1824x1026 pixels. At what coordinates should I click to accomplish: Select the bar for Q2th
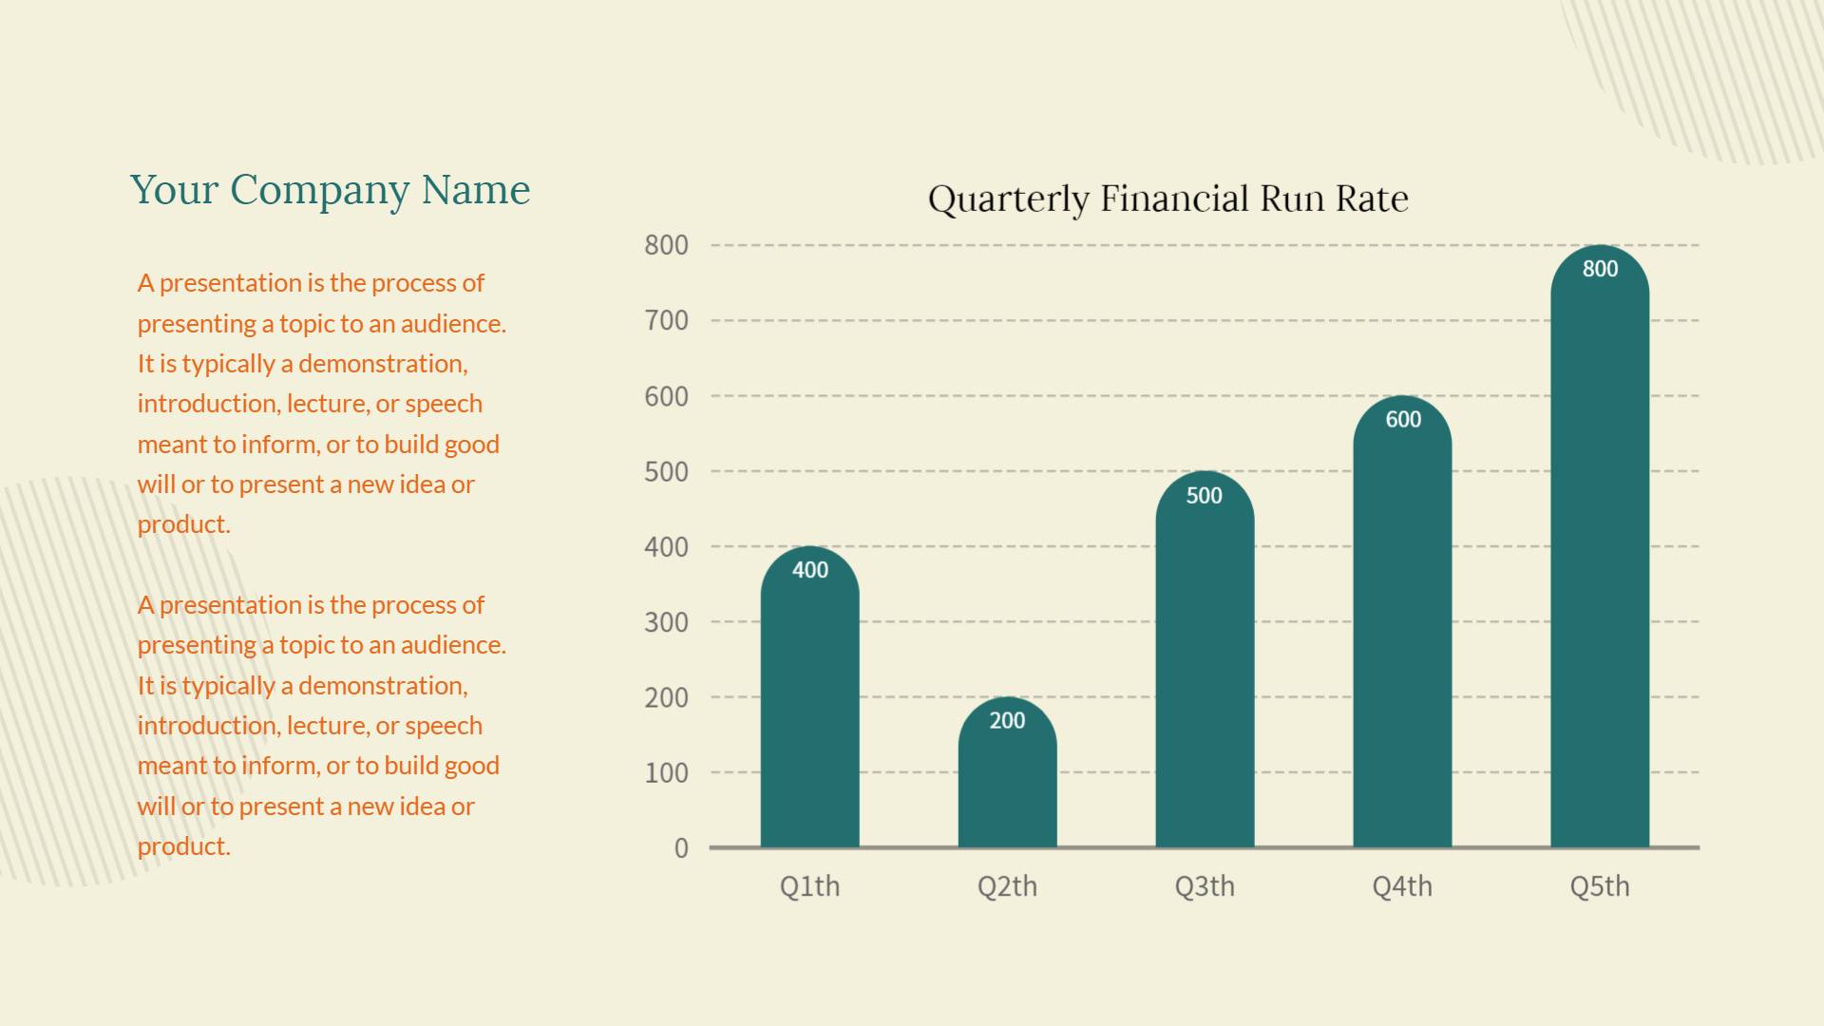1007,788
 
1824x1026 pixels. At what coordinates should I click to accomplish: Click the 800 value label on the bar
1600,269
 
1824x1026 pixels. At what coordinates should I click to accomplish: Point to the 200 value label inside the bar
1007,721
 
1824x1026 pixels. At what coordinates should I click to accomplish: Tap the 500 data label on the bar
1204,495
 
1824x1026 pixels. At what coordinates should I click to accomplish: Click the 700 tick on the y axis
666,321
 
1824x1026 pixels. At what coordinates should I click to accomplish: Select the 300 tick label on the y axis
666,622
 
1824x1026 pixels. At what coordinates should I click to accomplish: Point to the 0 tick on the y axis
681,848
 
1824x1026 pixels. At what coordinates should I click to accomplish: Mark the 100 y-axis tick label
666,773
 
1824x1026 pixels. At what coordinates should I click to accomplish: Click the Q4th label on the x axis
1401,886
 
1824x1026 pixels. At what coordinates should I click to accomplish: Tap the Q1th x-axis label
809,886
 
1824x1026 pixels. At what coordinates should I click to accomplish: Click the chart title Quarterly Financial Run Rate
1168,199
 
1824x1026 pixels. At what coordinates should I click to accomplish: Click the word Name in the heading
476,190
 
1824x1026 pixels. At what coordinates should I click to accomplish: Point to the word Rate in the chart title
1371,199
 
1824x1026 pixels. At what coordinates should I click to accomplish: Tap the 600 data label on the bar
1402,420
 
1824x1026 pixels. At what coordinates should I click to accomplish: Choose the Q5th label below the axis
1599,886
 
